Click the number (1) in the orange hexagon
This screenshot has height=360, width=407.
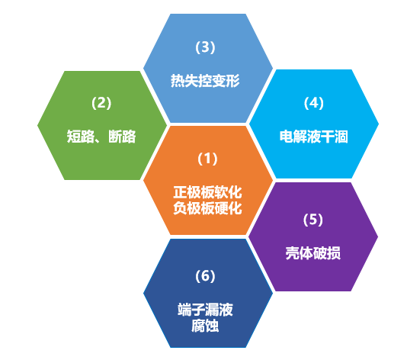[207, 159]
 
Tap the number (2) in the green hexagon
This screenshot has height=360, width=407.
[101, 103]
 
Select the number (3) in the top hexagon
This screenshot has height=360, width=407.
[205, 47]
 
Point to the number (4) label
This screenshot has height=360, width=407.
[314, 103]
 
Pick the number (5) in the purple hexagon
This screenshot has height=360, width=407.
[313, 220]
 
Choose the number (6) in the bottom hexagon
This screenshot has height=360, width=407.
[205, 276]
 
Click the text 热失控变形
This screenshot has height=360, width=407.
[205, 81]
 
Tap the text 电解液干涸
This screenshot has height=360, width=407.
[314, 137]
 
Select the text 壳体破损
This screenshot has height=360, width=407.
[313, 253]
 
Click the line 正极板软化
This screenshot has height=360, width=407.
[207, 192]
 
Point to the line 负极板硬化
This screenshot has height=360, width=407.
[207, 208]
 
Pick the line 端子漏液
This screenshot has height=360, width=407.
[205, 310]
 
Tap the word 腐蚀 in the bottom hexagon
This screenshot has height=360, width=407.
[205, 326]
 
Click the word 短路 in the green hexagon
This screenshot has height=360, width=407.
[81, 137]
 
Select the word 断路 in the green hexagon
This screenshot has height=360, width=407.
[122, 137]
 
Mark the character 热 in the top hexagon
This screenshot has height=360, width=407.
[178, 81]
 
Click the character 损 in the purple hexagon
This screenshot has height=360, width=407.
[334, 253]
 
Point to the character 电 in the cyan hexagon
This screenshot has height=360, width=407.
[287, 137]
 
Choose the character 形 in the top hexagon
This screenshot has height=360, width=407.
[232, 81]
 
